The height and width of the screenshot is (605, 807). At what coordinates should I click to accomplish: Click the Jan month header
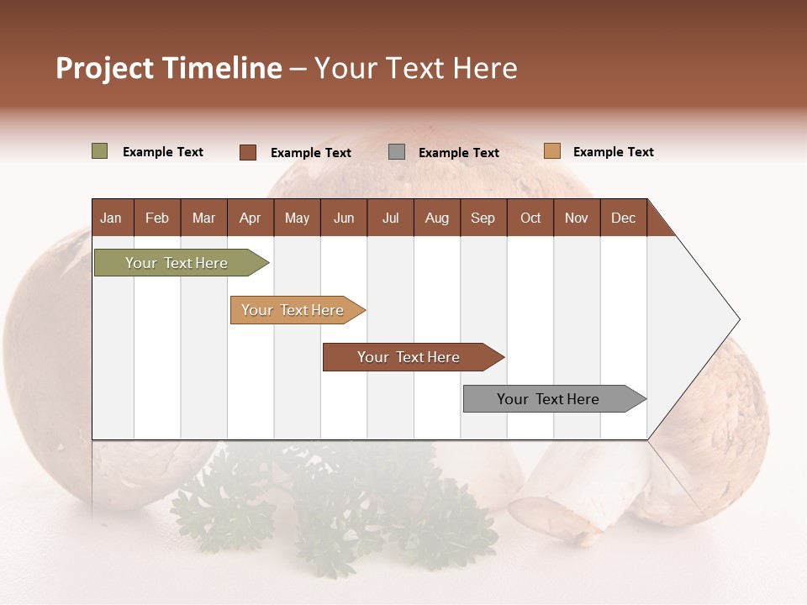pyautogui.click(x=111, y=218)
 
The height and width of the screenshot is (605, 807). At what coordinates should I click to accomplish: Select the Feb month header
pyautogui.click(x=157, y=218)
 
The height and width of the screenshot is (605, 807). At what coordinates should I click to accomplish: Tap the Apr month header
pyautogui.click(x=250, y=218)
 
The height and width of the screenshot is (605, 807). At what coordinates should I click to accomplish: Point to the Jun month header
pyautogui.click(x=343, y=218)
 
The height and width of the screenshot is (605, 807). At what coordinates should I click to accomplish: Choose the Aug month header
pyautogui.click(x=436, y=218)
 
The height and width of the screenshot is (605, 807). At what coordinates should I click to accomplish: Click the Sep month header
pyautogui.click(x=483, y=218)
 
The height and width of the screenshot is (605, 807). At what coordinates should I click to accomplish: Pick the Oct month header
pyautogui.click(x=530, y=218)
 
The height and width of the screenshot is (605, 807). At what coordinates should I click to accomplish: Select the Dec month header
pyautogui.click(x=623, y=218)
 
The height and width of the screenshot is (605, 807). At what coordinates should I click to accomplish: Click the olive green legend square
pyautogui.click(x=99, y=151)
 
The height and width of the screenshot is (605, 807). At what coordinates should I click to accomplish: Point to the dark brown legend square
pyautogui.click(x=247, y=152)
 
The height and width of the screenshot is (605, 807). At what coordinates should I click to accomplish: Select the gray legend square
pyautogui.click(x=397, y=152)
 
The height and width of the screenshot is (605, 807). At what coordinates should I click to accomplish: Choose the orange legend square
pyautogui.click(x=551, y=151)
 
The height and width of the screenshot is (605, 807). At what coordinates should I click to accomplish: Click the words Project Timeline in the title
pyautogui.click(x=169, y=68)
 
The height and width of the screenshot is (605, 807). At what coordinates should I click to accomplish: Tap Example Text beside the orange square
pyautogui.click(x=613, y=152)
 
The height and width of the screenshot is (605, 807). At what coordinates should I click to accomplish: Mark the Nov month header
pyautogui.click(x=576, y=218)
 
